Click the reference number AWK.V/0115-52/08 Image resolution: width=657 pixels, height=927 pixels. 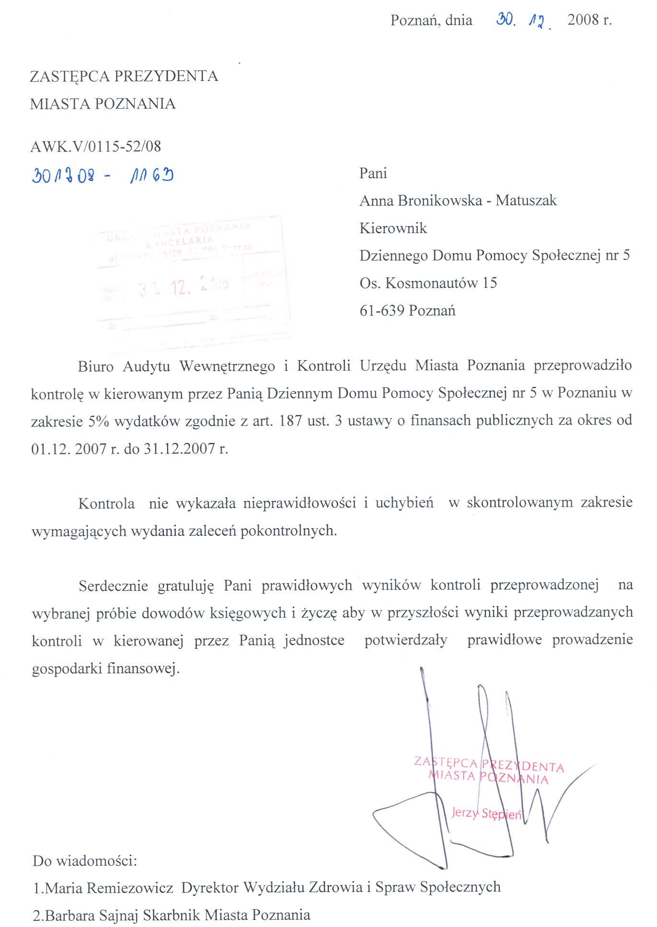(95, 147)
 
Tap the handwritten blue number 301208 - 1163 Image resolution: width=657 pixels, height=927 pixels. (103, 176)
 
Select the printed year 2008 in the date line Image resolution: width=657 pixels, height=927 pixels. (583, 20)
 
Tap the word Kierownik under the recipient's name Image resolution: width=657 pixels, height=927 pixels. (393, 228)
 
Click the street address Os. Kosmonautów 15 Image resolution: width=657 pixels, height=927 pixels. (428, 283)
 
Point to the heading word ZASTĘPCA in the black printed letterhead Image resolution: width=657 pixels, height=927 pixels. (69, 77)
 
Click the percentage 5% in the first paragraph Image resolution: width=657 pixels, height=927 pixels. (99, 421)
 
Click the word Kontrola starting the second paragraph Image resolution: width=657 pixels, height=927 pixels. (106, 504)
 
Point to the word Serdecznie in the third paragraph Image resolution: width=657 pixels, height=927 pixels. (113, 586)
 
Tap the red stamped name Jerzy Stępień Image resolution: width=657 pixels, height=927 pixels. (486, 814)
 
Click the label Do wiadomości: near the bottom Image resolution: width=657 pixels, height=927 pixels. (85, 861)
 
